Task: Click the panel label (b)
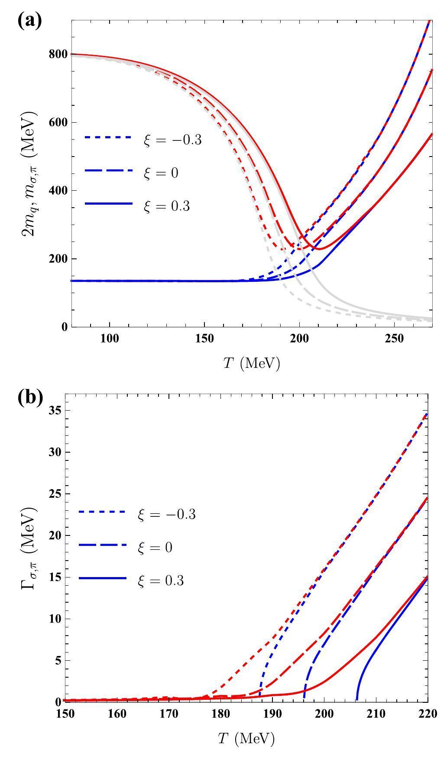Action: [29, 397]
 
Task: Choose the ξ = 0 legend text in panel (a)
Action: [161, 173]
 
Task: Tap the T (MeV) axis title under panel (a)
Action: [252, 363]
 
